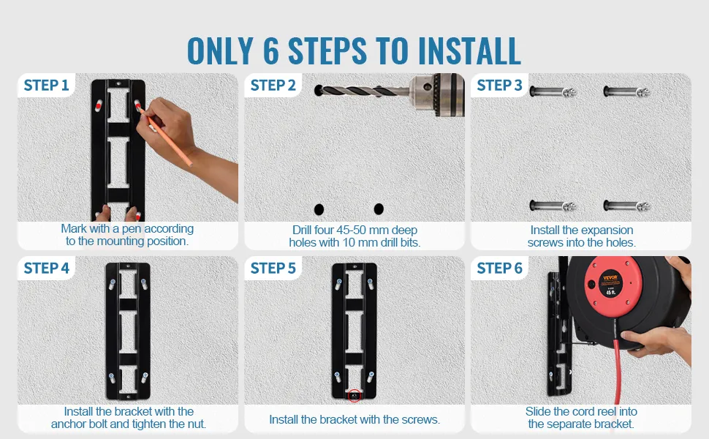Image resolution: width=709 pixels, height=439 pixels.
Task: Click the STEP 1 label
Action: [46, 85]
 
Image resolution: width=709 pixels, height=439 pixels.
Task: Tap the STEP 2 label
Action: [273, 85]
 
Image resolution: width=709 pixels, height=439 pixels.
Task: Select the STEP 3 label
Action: [500, 85]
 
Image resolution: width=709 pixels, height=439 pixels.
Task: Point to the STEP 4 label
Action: [47, 268]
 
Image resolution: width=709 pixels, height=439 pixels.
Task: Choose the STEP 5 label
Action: [273, 268]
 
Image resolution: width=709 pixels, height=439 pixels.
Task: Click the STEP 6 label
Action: [500, 268]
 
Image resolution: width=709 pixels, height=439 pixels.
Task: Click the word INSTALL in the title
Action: [470, 50]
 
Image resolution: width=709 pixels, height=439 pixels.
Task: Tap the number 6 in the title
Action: [271, 50]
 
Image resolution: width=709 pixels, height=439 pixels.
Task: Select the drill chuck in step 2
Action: [437, 94]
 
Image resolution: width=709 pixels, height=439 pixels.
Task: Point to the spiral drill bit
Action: [362, 91]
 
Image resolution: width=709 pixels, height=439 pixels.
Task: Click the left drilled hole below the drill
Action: [319, 209]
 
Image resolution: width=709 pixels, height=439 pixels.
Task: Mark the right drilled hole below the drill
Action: [379, 209]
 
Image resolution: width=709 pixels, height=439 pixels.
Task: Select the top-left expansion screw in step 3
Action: [553, 92]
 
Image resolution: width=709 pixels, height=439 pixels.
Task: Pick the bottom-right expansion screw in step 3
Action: [626, 206]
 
